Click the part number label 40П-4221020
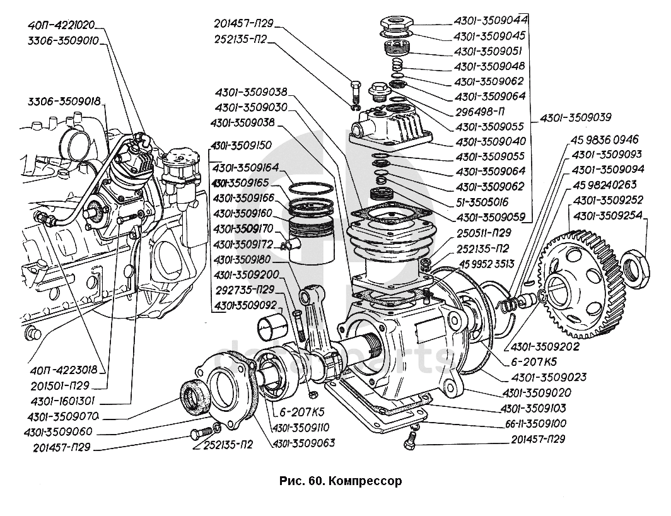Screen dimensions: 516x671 point(61,26)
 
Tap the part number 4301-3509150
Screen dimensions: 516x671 point(243,145)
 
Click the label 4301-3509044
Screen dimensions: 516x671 point(491,20)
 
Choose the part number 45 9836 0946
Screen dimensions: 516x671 point(605,139)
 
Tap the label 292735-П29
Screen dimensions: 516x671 point(243,290)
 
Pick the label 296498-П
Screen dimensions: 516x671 point(479,111)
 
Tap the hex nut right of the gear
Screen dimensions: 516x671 point(636,263)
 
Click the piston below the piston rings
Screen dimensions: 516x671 point(311,241)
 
